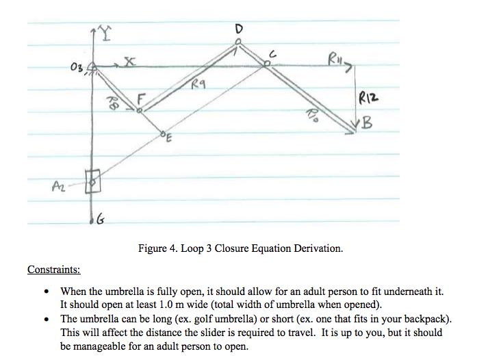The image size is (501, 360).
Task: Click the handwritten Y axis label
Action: (105, 34)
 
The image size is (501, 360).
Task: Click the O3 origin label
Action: (77, 67)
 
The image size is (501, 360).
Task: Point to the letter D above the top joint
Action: (239, 29)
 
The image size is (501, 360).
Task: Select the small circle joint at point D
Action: (237, 42)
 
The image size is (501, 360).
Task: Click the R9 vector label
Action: (198, 84)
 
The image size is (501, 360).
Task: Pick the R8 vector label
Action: (111, 102)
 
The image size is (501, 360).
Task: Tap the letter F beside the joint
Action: (141, 99)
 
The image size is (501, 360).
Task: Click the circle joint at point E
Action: (162, 133)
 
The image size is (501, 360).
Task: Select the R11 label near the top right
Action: (335, 58)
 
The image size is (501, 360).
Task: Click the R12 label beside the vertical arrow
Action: (368, 97)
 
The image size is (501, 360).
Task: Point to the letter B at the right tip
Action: (368, 123)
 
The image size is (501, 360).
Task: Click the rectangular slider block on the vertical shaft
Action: (92, 181)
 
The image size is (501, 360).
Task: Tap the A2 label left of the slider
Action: (59, 185)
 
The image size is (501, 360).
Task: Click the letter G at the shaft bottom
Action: (101, 219)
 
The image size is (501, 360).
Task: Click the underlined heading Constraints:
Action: (54, 269)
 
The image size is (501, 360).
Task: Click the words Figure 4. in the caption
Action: (158, 248)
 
